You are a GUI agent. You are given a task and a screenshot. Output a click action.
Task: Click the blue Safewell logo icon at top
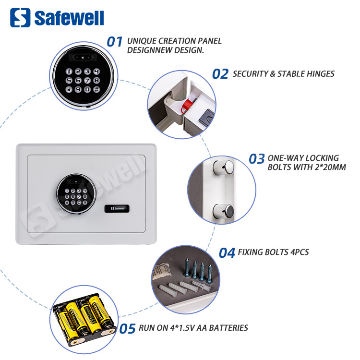coord(20,18)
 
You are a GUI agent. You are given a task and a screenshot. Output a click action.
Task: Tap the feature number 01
coord(115,42)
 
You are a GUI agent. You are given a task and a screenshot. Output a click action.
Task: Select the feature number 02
coord(220,74)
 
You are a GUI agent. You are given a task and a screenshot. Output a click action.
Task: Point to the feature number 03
coord(257,159)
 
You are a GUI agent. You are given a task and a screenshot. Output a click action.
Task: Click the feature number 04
coord(227,253)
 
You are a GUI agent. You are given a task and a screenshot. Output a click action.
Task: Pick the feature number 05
coord(127,328)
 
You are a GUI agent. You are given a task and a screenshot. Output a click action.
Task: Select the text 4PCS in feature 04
coord(300,252)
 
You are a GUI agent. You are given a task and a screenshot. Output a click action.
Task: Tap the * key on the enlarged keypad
coord(69,89)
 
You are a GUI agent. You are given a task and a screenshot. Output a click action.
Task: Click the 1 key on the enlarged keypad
coord(69,72)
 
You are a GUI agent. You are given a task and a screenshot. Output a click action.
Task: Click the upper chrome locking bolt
coord(223,168)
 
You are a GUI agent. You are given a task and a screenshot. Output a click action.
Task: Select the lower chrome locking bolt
coord(223,212)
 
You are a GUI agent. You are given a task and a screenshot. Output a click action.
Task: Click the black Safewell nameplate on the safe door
coord(117,208)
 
